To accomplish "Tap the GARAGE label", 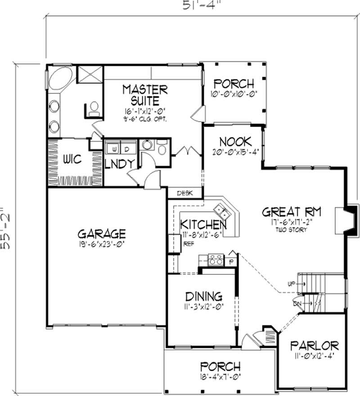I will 102,234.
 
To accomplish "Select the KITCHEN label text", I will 203,224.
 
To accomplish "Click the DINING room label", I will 204,296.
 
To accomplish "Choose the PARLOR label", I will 314,346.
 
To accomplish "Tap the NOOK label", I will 235,141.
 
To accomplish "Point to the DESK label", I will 184,193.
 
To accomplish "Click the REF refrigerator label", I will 188,245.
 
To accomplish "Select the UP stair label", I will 291,283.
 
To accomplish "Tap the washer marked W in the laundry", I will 115,148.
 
